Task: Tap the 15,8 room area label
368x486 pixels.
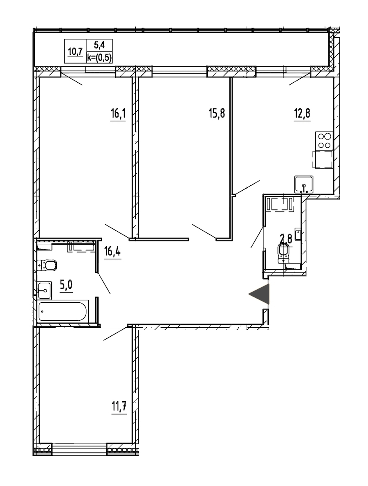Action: pyautogui.click(x=217, y=113)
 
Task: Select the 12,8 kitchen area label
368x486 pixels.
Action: pyautogui.click(x=302, y=113)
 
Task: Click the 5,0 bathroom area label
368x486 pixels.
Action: pyautogui.click(x=66, y=284)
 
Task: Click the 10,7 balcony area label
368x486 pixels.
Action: pyautogui.click(x=75, y=52)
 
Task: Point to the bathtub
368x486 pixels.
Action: pyautogui.click(x=63, y=311)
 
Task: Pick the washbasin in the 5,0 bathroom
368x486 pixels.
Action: pyautogui.click(x=44, y=290)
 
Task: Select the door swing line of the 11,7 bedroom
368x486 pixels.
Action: pyautogui.click(x=116, y=333)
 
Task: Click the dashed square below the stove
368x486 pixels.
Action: pyautogui.click(x=323, y=160)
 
